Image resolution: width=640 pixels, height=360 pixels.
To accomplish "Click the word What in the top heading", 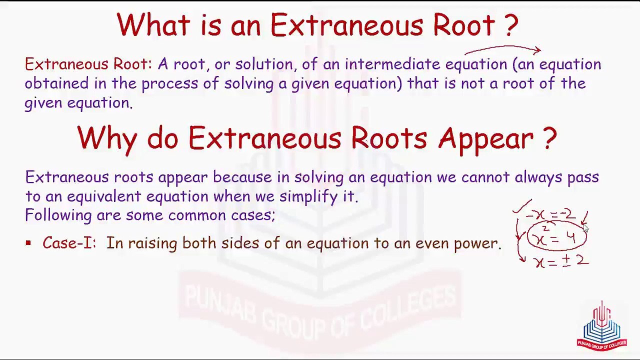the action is pyautogui.click(x=153, y=24).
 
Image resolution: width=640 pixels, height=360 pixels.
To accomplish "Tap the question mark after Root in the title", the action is pyautogui.click(x=511, y=25).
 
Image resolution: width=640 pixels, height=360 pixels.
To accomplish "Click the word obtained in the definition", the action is pyautogui.click(x=57, y=83).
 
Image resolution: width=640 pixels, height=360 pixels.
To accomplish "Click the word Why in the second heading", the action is pyautogui.click(x=107, y=139).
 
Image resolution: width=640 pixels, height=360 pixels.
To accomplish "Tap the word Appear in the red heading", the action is pyautogui.click(x=485, y=139).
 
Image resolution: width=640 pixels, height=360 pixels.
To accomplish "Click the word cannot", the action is pyautogui.click(x=485, y=177).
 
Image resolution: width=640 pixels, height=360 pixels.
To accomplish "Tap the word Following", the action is pyautogui.click(x=58, y=215).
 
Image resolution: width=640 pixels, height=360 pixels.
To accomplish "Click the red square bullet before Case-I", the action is pyautogui.click(x=28, y=243).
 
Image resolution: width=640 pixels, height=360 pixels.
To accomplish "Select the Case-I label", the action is pyautogui.click(x=69, y=243).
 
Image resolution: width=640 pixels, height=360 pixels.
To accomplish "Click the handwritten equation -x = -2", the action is pyautogui.click(x=550, y=215).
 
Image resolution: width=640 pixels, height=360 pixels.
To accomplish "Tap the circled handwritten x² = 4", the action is pyautogui.click(x=556, y=236).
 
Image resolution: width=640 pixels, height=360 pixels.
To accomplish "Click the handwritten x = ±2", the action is pyautogui.click(x=562, y=261).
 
